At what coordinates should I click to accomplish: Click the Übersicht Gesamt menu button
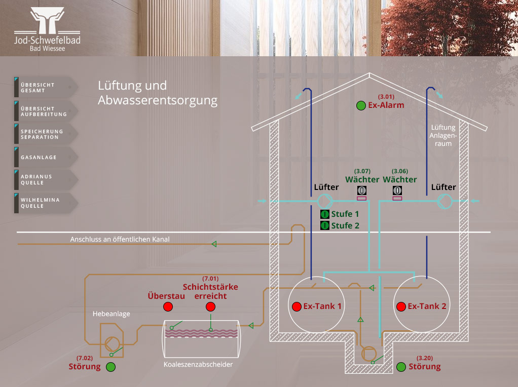point(45,88)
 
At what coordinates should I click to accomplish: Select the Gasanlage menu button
point(45,157)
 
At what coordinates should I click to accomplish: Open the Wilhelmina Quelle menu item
point(45,203)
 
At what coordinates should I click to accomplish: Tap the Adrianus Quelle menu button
point(45,179)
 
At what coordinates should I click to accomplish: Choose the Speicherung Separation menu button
point(45,134)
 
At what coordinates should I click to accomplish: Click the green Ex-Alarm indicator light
point(361,105)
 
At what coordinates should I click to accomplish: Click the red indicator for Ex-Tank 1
point(297,306)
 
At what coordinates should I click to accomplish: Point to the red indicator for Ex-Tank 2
point(401,306)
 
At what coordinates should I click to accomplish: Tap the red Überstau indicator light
point(167,307)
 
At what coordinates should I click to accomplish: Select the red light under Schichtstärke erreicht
point(210,307)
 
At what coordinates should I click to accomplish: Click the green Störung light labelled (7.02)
point(110,367)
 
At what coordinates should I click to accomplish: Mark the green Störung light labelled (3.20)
point(401,367)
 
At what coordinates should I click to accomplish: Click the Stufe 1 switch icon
point(325,214)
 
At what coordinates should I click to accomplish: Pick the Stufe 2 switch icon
point(325,225)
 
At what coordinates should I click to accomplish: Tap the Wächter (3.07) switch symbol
point(362,190)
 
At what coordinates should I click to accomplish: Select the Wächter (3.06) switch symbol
point(398,190)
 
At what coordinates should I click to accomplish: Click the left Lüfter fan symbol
point(324,201)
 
